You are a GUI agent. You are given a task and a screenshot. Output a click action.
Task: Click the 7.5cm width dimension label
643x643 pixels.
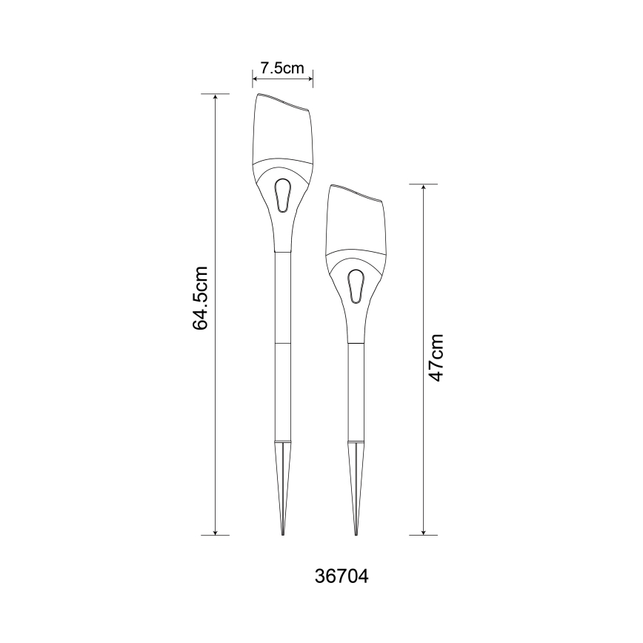point(282,68)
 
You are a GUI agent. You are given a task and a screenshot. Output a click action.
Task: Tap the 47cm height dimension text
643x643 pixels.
point(436,358)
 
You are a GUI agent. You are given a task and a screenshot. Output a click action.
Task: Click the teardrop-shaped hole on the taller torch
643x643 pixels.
point(282,196)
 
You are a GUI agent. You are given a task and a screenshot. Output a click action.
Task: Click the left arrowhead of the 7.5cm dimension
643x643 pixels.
point(256,76)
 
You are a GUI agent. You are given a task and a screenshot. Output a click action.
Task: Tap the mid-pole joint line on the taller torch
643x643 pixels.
point(282,343)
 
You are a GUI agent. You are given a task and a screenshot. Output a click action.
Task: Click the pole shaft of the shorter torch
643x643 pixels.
point(356,393)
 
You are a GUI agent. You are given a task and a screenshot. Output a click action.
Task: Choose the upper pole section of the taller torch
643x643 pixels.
point(282,296)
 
